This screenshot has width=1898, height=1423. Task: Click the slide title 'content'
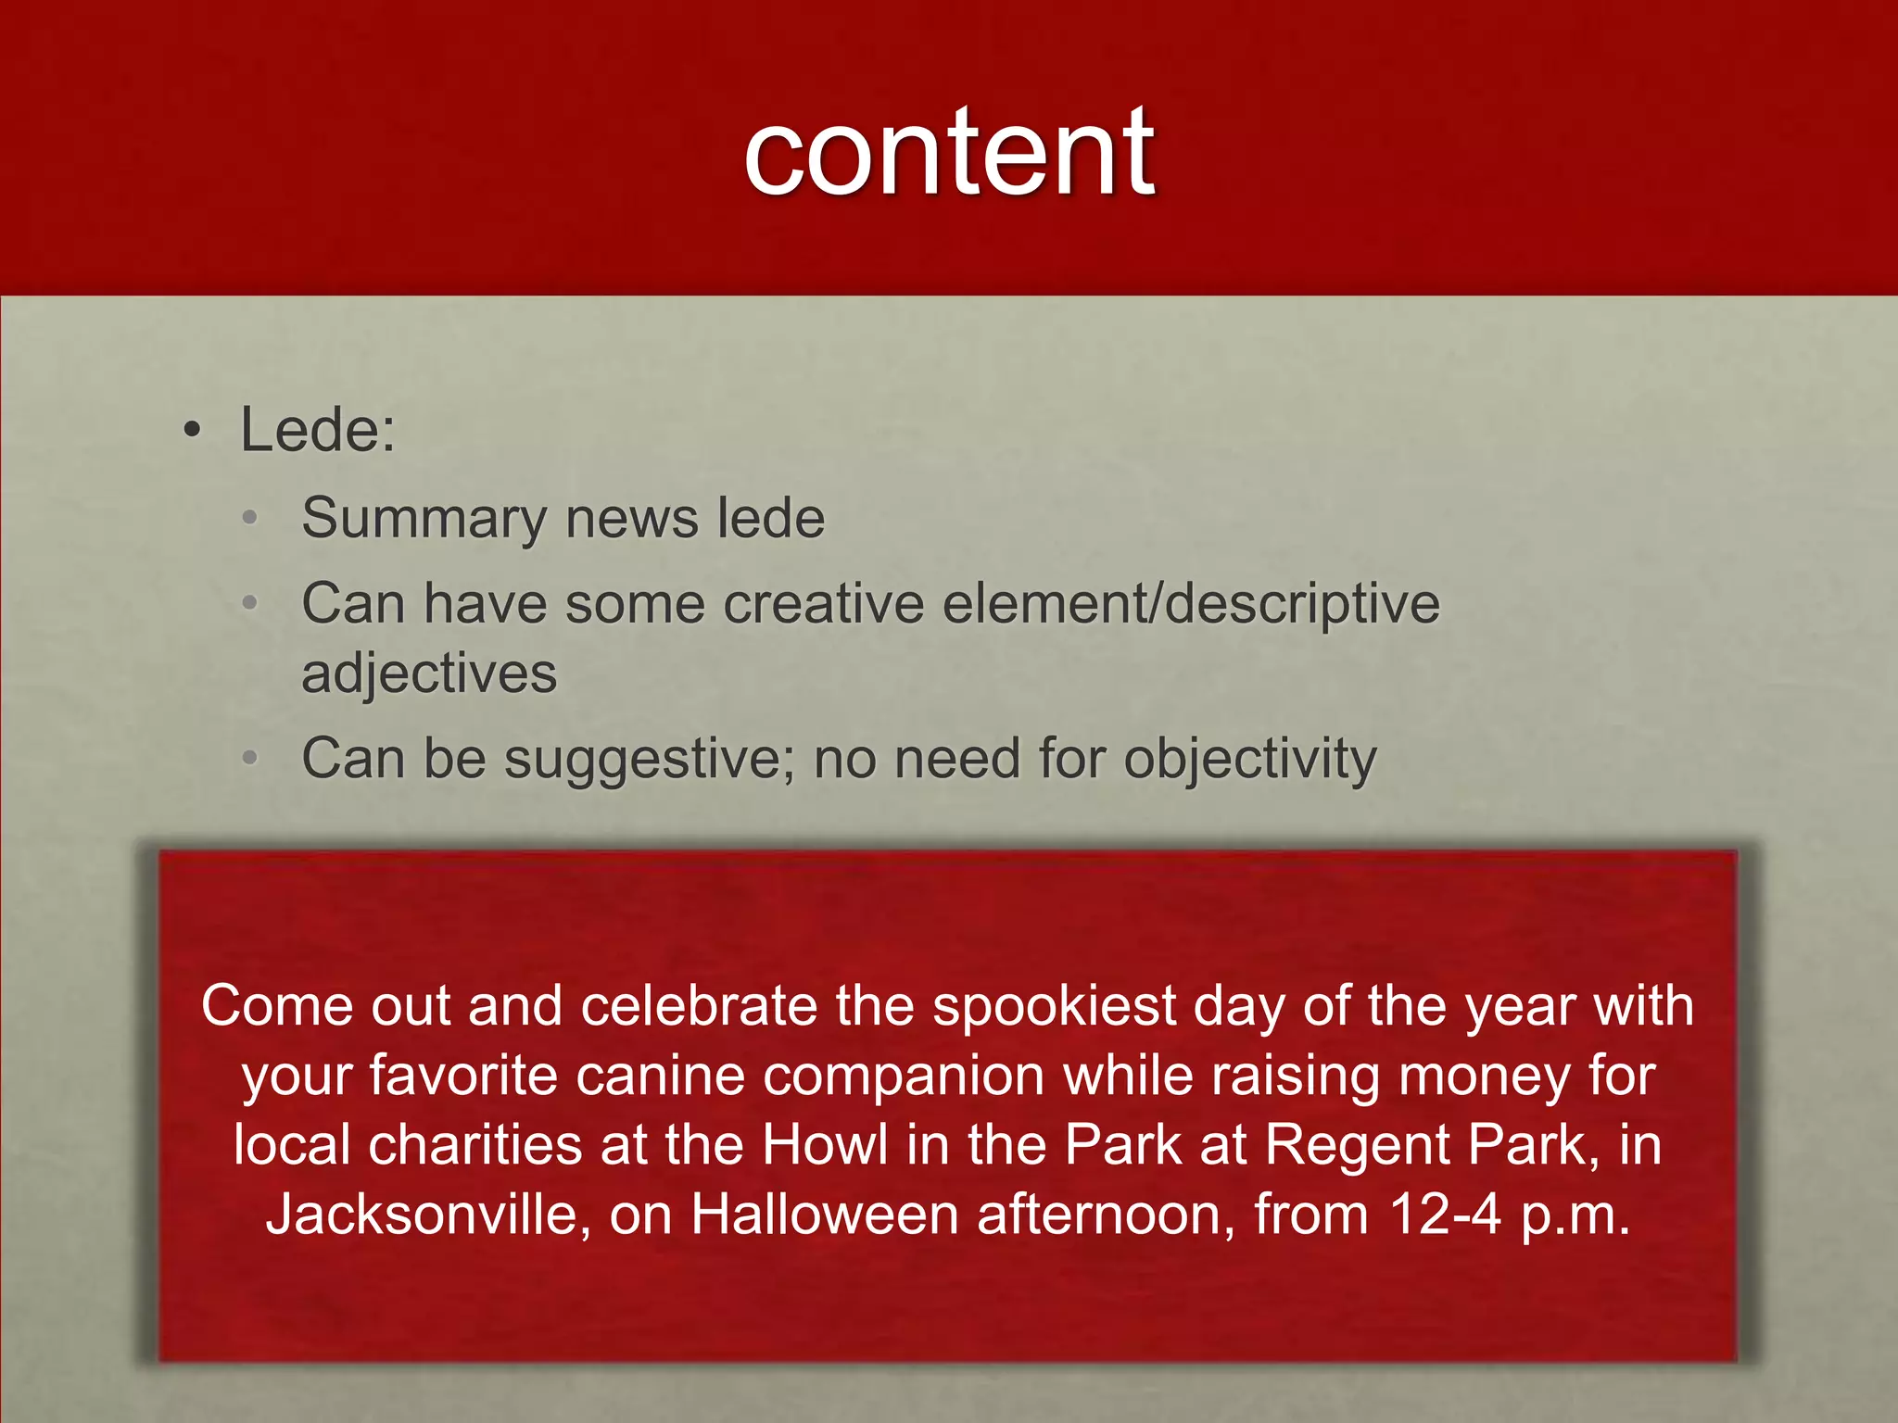(948, 153)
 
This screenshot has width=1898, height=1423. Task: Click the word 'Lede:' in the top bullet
(318, 431)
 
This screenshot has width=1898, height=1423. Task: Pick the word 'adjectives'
(429, 674)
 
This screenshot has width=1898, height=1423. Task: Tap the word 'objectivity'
(1250, 760)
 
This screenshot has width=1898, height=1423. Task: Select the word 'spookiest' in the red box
(1055, 1006)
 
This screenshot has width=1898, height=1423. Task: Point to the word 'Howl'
(825, 1145)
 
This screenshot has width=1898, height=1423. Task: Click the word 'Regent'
(1359, 1145)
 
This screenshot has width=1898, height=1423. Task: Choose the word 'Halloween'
(825, 1215)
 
